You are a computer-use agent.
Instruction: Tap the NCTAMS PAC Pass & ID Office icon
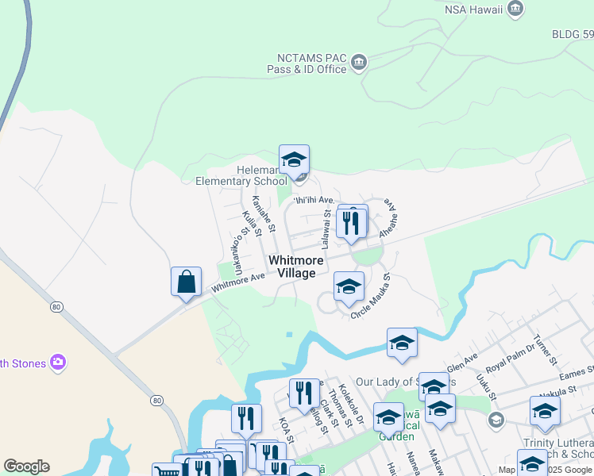click(x=358, y=62)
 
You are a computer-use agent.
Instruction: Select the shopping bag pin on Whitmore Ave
click(x=186, y=282)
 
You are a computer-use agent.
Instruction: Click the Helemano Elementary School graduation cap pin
click(x=294, y=161)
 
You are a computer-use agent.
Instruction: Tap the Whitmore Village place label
click(x=295, y=267)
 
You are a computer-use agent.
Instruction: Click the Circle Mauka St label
click(x=372, y=297)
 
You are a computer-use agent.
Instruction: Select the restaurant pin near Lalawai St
click(x=352, y=222)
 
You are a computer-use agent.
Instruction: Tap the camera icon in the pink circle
click(x=57, y=363)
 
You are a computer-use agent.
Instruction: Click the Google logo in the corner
click(x=26, y=466)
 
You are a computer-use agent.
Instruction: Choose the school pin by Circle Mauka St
click(x=349, y=288)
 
